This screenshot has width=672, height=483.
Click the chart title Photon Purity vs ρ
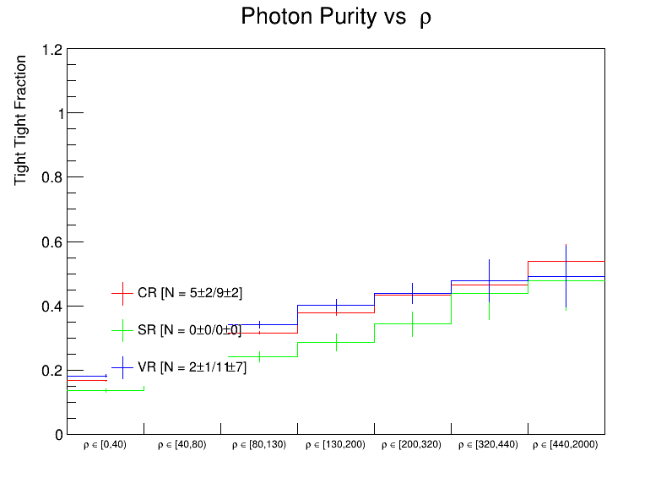pos(336,17)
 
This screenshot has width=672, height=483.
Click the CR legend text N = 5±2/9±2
pos(191,293)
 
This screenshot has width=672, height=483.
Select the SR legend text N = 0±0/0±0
pos(189,330)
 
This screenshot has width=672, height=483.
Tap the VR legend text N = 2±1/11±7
pos(192,366)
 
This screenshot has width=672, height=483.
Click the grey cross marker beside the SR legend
pos(123,330)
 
